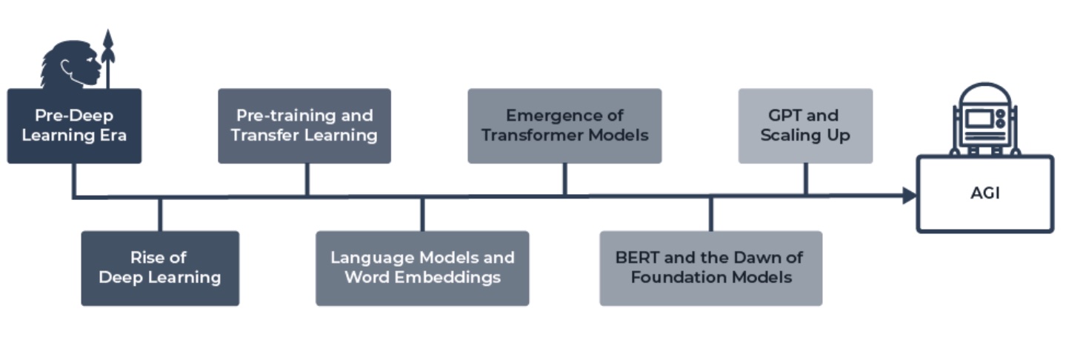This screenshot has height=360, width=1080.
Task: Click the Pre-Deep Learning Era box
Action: coord(74,126)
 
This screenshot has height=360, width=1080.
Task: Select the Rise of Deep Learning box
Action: coord(160,268)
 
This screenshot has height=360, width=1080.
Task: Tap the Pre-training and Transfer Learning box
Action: coord(304,126)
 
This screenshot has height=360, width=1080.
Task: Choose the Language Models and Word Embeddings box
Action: coord(422,268)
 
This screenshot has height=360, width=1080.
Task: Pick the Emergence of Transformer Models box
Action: coord(564,126)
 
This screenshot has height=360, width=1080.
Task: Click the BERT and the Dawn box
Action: coord(711,268)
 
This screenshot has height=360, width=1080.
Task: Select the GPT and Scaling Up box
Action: coord(806,126)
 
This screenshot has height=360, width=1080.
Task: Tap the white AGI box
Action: coord(985,194)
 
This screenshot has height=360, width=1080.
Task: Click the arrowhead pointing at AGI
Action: coord(910,195)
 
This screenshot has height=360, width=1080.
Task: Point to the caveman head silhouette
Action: coord(71,64)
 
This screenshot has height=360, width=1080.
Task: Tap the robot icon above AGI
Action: coord(984,119)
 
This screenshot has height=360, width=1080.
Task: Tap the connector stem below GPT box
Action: coord(806,179)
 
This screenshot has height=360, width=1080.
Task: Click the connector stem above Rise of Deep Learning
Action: coord(160,215)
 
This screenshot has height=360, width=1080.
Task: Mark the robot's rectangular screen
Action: coord(979,119)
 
